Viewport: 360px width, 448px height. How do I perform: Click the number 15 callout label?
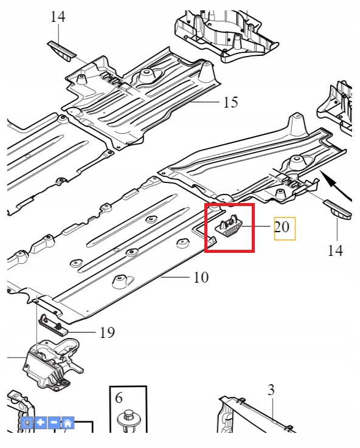click(x=230, y=102)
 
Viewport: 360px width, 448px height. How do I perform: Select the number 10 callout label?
click(x=201, y=277)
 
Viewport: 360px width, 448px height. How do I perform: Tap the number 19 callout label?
click(x=107, y=333)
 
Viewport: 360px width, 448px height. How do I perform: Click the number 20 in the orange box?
click(x=282, y=227)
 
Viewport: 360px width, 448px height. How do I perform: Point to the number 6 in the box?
click(x=119, y=398)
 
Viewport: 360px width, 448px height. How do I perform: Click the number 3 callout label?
click(x=271, y=390)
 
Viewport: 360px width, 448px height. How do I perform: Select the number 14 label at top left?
click(x=58, y=17)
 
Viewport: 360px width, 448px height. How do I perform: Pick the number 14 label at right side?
click(x=335, y=250)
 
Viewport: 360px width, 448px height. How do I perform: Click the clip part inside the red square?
click(x=229, y=227)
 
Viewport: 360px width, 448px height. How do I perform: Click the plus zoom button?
click(x=41, y=422)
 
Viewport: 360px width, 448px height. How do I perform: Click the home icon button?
click(x=67, y=422)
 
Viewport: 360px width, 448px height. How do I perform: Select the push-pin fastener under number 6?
click(x=128, y=422)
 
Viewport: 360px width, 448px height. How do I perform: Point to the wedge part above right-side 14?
click(x=337, y=210)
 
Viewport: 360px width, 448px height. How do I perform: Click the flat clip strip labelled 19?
click(x=53, y=326)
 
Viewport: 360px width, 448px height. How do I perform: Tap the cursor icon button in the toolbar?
click(x=28, y=422)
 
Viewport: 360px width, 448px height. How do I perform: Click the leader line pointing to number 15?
click(x=206, y=102)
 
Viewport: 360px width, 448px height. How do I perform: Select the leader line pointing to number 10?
click(x=175, y=277)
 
